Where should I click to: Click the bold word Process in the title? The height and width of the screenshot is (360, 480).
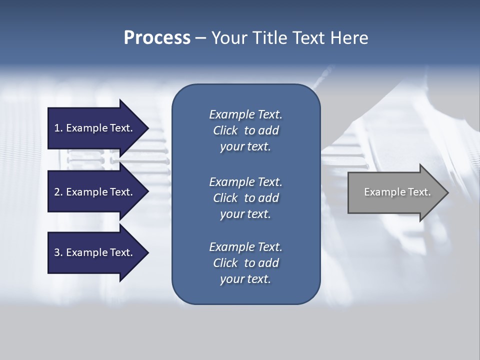[x=157, y=38]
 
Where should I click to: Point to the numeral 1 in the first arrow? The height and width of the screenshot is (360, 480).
[x=57, y=128]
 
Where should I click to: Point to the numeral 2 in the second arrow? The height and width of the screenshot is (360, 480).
[x=57, y=192]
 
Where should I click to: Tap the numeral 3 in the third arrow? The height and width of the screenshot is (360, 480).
[x=57, y=252]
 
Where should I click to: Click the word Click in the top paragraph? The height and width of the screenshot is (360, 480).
[x=225, y=130]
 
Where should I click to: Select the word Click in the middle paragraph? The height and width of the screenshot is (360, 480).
[x=225, y=198]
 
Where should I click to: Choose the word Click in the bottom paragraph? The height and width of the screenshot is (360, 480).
[x=225, y=263]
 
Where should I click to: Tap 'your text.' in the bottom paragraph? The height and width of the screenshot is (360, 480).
[x=245, y=279]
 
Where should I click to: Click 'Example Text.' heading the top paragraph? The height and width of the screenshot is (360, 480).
[x=245, y=114]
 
